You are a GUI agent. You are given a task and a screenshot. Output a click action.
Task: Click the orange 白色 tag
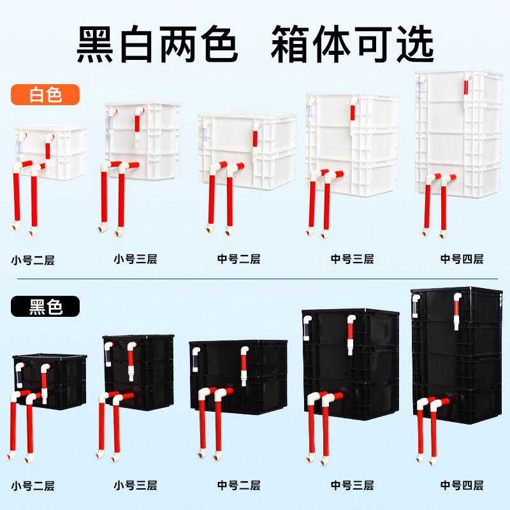[x=45, y=95]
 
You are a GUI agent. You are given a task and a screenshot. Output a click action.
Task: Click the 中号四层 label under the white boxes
[x=462, y=259]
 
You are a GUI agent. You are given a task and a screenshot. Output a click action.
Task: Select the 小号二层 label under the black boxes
[x=33, y=486]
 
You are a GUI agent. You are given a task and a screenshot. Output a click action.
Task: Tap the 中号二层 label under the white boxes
[x=238, y=259]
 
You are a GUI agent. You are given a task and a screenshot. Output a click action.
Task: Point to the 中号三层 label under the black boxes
[x=352, y=485]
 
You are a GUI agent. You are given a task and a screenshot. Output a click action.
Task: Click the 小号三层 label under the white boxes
[x=135, y=259]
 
